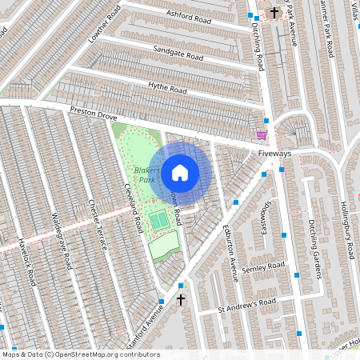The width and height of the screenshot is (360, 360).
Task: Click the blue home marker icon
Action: [x=180, y=172]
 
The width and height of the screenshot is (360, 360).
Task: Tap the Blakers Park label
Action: [x=146, y=175]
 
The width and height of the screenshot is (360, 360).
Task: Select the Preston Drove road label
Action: [x=93, y=113]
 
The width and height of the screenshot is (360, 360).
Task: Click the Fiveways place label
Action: [x=274, y=153]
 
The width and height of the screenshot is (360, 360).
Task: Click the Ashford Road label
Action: [x=189, y=17]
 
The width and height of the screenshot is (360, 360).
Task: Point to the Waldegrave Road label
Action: [x=62, y=239]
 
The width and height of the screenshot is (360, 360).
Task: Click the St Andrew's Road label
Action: [x=246, y=304]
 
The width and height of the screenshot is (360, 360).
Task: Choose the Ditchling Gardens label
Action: [x=314, y=249]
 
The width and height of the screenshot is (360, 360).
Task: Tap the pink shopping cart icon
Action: [x=262, y=134]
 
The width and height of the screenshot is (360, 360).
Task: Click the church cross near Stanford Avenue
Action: [x=181, y=300]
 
